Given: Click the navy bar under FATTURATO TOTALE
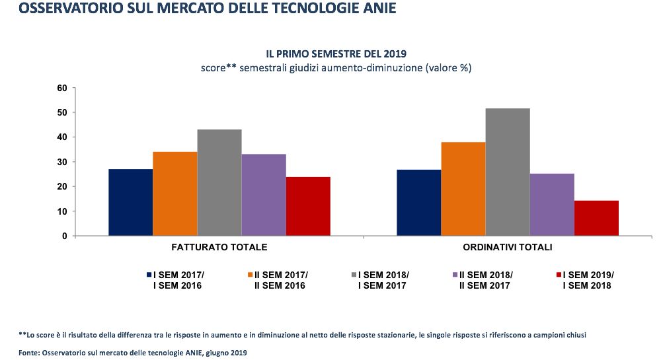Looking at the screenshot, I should pos(131,202).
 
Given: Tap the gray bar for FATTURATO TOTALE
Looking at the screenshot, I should pos(219,182).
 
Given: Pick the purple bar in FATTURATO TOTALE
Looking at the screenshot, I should pos(264,195).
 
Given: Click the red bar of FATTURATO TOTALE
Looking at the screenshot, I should pos(308,206).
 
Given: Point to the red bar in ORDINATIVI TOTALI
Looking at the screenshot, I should pos(596,218).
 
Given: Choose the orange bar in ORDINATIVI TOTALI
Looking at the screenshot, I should pos(463,189).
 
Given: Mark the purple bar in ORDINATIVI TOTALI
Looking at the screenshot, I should pos(552,204).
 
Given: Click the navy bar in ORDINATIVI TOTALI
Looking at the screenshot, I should pos(419,202).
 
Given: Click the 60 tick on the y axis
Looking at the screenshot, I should pos(63,88).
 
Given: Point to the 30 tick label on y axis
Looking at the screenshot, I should pos(63,162).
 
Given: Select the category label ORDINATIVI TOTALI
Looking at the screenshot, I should pos(508,247).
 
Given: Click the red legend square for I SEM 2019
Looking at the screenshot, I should pos(559,274).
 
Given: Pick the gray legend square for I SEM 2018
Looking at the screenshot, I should pos(354,274).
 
